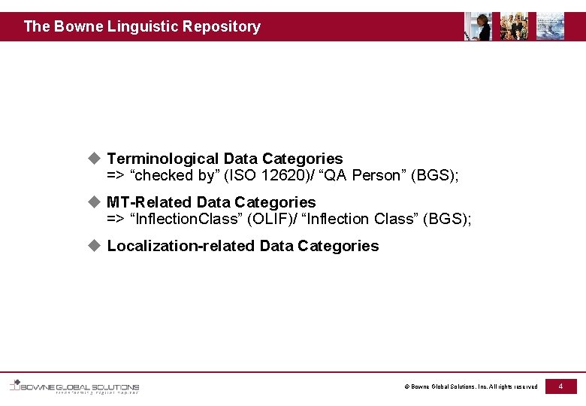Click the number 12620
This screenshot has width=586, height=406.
(x=280, y=176)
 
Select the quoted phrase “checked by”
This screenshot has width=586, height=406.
(x=172, y=176)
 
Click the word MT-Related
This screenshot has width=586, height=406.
(x=149, y=202)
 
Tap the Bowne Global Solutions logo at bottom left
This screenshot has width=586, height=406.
(x=74, y=387)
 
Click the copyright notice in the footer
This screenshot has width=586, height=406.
(x=471, y=387)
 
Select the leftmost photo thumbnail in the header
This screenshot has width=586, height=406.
(x=478, y=26)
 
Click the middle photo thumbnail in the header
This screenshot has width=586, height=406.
(x=514, y=26)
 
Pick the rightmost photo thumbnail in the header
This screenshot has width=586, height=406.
(x=550, y=26)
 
